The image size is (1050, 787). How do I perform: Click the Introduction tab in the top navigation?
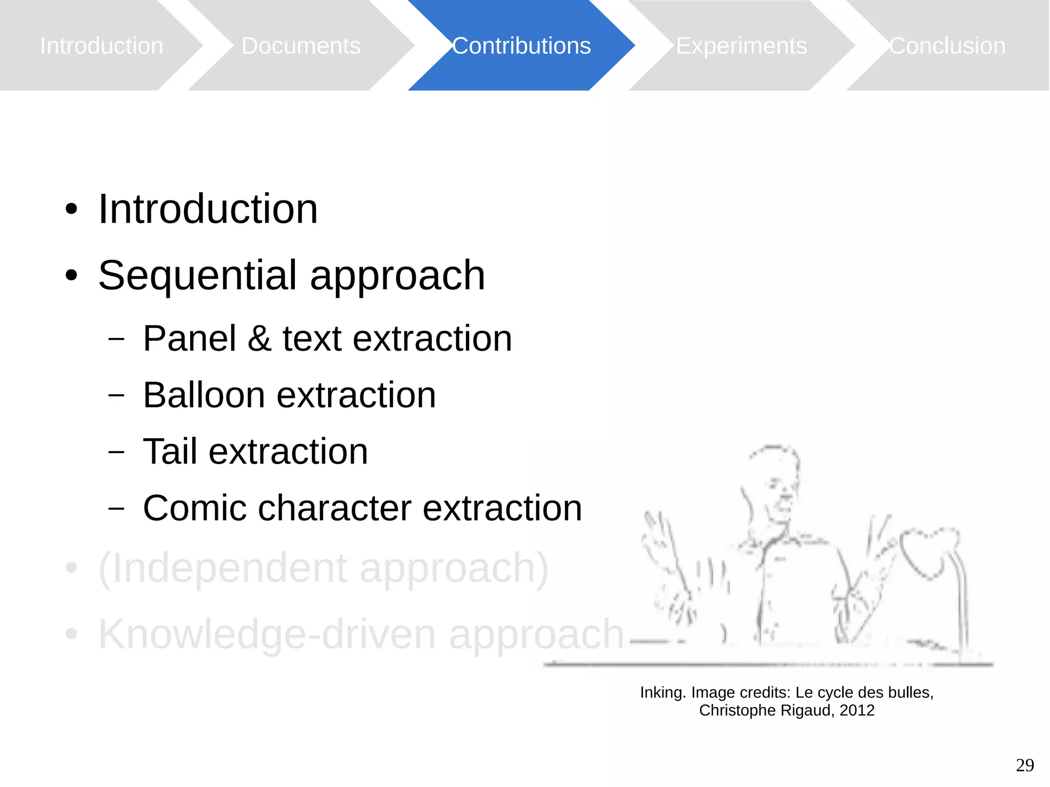click(x=102, y=46)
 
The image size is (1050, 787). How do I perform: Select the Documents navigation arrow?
click(x=301, y=46)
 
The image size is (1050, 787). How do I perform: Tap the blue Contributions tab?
click(x=521, y=46)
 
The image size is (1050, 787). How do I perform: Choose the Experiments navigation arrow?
click(x=741, y=46)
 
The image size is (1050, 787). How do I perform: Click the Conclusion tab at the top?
click(x=947, y=46)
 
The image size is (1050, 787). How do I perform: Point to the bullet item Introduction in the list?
click(x=208, y=209)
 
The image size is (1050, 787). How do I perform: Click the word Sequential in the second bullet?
click(x=198, y=276)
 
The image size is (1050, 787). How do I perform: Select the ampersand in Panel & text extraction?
click(x=259, y=339)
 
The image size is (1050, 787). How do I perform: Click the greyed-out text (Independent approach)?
click(x=324, y=568)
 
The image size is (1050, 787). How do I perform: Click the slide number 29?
click(x=1024, y=765)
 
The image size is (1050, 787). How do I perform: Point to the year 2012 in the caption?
click(x=857, y=711)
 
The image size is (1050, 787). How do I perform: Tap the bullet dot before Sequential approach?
click(x=71, y=276)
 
